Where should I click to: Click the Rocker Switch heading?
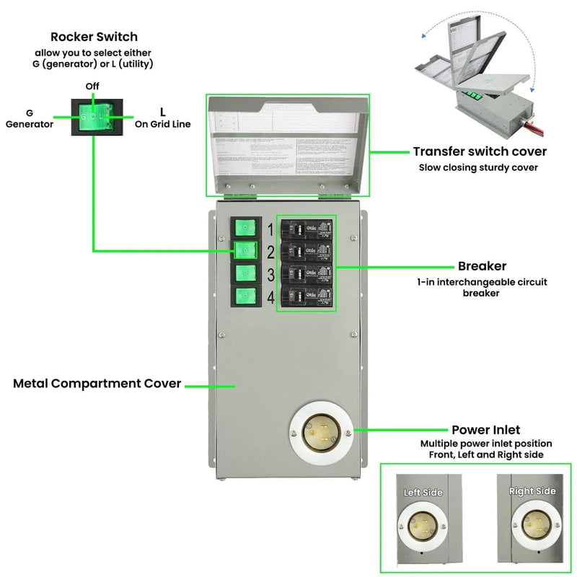click(94, 37)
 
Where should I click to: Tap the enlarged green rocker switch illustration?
click(94, 115)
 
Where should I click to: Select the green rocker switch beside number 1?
click(246, 229)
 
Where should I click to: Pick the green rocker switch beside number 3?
click(246, 274)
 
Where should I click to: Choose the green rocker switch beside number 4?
click(246, 296)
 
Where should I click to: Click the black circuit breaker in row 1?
click(307, 230)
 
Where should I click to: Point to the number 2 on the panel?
click(270, 252)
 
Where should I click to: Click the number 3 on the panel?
click(270, 275)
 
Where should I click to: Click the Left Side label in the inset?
click(423, 492)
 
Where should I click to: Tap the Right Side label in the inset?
click(532, 491)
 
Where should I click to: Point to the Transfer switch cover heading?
click(480, 151)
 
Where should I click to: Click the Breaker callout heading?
click(482, 266)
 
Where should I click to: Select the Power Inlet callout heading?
click(485, 430)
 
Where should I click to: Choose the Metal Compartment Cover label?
click(97, 384)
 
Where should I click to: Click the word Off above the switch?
click(92, 86)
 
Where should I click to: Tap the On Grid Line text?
click(162, 124)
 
